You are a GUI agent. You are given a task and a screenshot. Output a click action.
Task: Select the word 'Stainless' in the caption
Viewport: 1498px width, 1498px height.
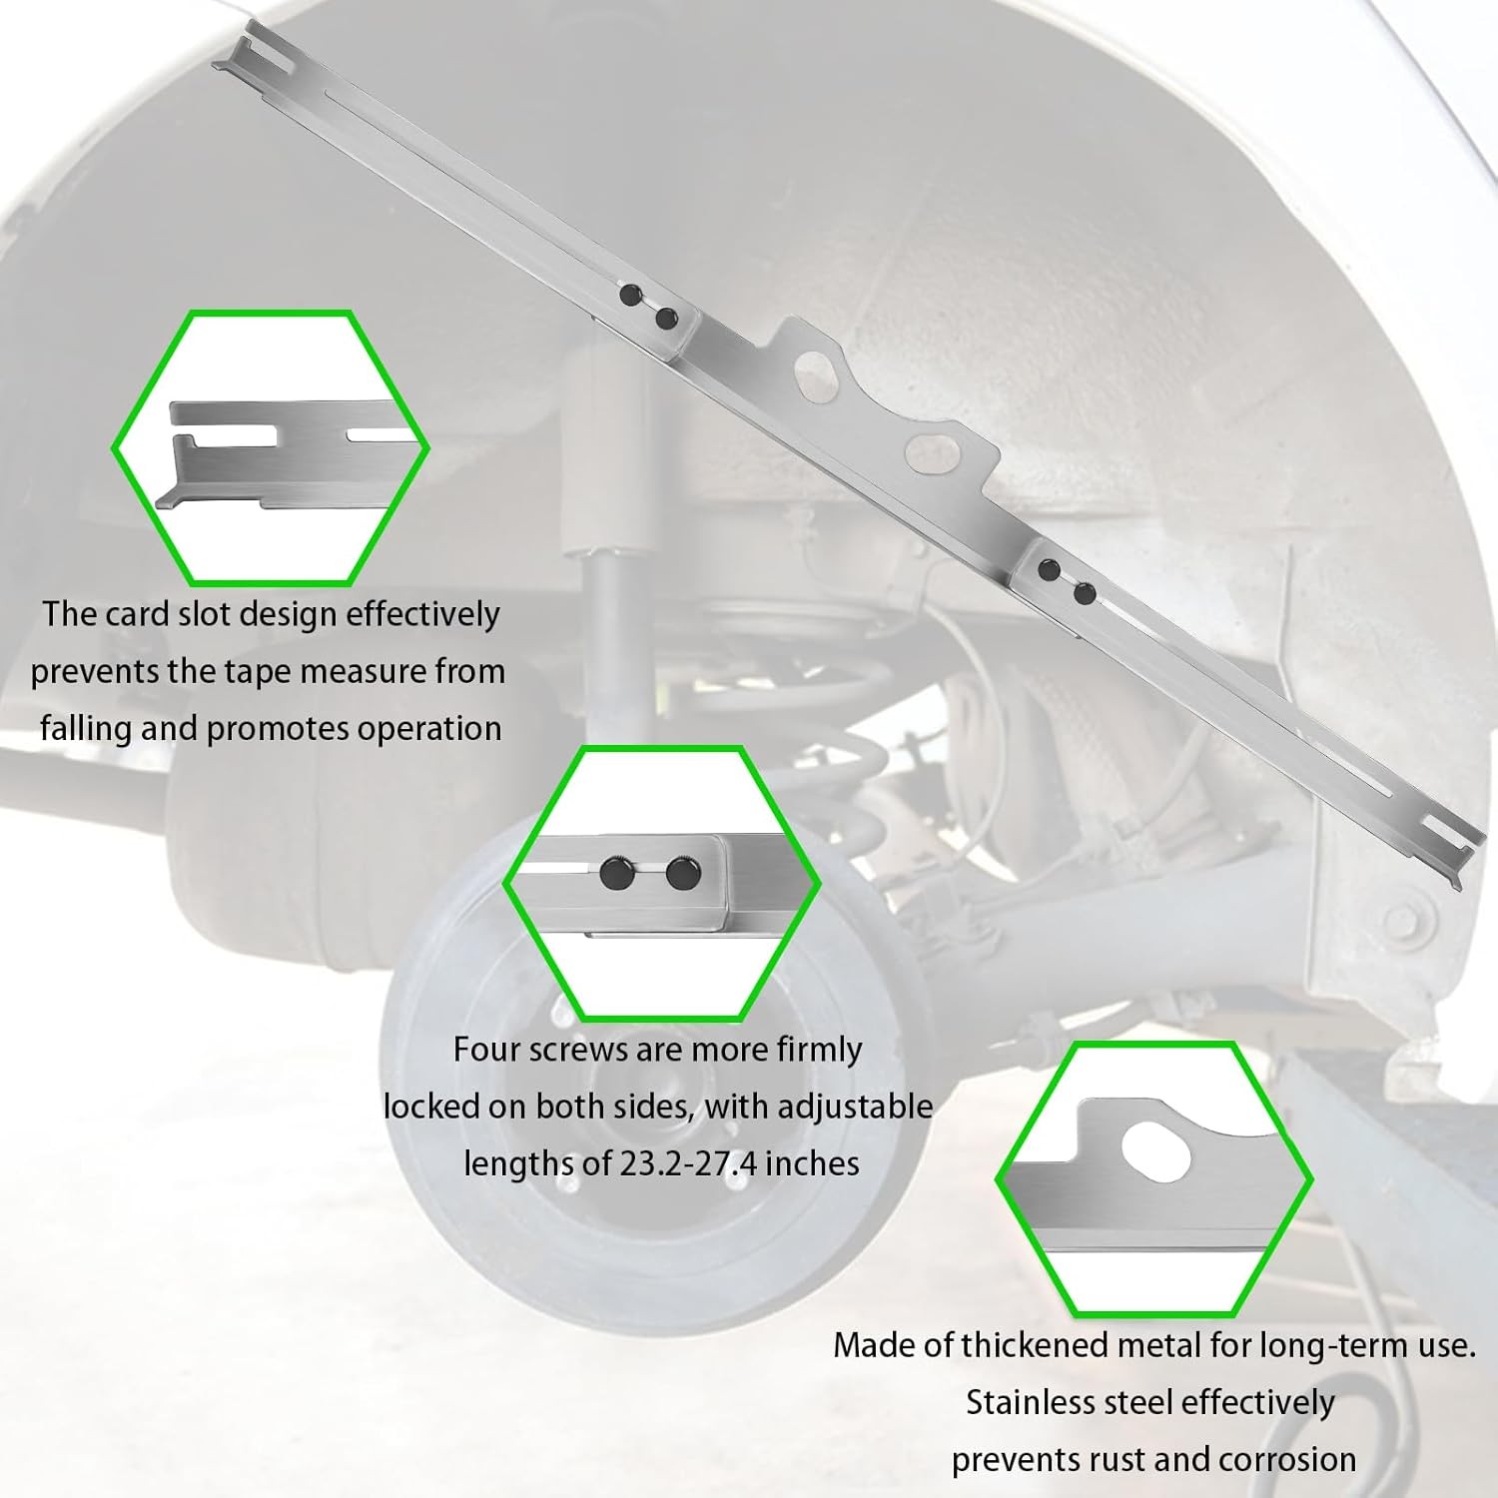(1030, 1402)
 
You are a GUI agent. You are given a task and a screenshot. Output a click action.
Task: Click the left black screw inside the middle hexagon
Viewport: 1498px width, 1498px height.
(612, 874)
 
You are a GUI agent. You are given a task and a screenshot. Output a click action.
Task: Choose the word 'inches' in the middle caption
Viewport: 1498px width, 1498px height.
(811, 1163)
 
